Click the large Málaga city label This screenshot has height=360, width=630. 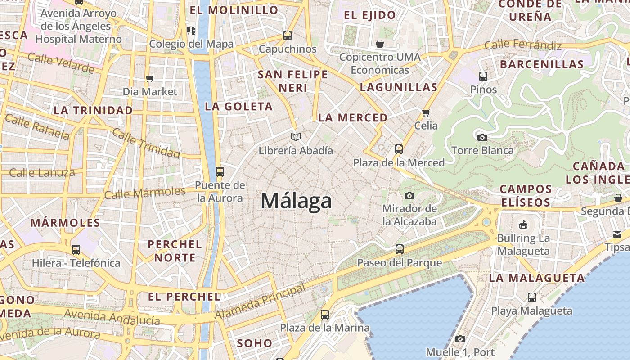pos(296,201)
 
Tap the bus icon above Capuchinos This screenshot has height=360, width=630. pos(288,35)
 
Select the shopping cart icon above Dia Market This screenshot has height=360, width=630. pos(150,78)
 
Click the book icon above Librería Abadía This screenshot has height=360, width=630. pos(295,137)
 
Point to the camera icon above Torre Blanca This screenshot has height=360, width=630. pos(482,137)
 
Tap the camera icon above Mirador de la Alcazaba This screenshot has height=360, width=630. pos(409,195)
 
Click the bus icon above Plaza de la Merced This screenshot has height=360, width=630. pos(399,149)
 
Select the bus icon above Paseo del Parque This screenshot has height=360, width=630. pos(400,249)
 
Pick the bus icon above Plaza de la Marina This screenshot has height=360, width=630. pos(325,315)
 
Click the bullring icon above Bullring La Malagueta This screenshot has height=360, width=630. pos(523,225)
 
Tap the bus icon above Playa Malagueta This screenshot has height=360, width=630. pos(532,297)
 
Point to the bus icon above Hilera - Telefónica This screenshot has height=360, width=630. pos(76,249)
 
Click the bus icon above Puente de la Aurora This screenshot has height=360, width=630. pos(220,171)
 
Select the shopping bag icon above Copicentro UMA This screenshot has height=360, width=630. pos(380,44)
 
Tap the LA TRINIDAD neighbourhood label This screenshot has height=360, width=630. pos(93,110)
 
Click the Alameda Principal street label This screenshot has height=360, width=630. pos(260,301)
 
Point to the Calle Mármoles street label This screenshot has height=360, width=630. pos(144,193)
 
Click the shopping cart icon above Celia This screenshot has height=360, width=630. pos(426,112)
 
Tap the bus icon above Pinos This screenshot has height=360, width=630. pos(483,76)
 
